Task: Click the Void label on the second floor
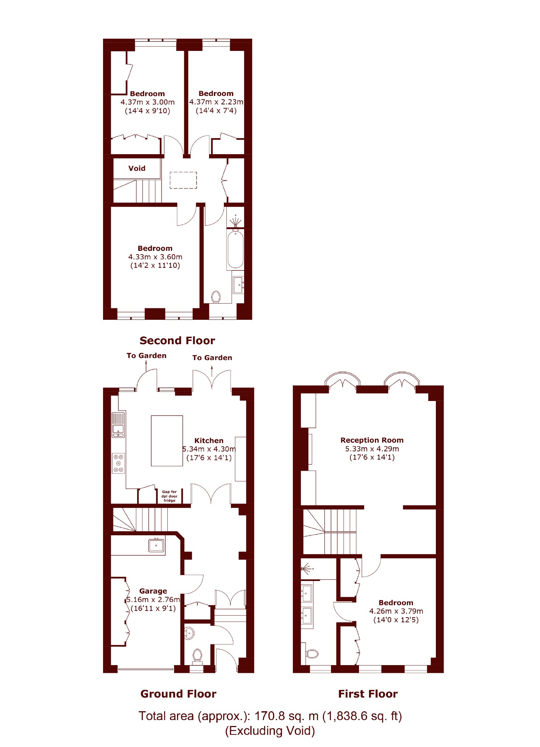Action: coord(137,168)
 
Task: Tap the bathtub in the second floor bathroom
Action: coord(235,249)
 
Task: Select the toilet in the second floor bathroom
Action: coord(216,297)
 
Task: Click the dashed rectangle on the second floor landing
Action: coord(183,180)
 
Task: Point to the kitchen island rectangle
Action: coord(167,441)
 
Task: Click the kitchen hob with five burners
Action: coord(119,463)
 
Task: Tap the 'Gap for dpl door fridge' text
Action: coord(170,496)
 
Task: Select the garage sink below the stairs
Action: coord(156,545)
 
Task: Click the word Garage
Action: coord(153,591)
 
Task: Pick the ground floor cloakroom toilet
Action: coord(197,656)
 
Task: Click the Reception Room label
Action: coord(372,440)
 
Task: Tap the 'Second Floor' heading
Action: coord(177,340)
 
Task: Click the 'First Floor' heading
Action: coord(368,694)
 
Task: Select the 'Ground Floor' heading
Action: coord(178,694)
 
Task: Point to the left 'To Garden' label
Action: coord(146,356)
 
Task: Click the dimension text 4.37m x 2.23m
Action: coord(216,102)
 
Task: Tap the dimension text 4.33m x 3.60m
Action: coord(155,257)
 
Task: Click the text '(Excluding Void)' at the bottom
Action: coord(270,731)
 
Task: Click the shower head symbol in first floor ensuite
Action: coord(306,569)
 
